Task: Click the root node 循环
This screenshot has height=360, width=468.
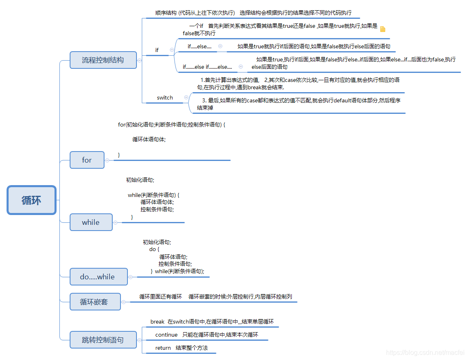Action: point(32,200)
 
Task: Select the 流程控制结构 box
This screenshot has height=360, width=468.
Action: point(103,60)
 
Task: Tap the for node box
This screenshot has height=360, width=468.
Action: point(87,160)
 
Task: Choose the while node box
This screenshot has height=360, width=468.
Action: point(91,222)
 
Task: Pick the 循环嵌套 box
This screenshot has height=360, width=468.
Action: point(95,302)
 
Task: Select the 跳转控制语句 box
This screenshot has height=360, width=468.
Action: point(103,340)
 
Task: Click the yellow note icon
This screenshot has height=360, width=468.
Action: point(383,29)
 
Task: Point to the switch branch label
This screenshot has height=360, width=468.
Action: point(165,97)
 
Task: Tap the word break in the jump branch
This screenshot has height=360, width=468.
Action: point(157,322)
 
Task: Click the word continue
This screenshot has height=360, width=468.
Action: point(166,335)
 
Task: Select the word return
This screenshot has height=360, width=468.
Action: point(163,348)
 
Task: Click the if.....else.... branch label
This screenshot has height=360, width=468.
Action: point(200,46)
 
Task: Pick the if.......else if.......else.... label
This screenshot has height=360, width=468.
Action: point(207,67)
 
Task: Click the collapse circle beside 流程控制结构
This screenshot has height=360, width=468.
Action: point(139,60)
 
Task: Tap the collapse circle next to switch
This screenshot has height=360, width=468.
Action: point(186,97)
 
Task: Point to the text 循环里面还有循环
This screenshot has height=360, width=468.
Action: point(161,297)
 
